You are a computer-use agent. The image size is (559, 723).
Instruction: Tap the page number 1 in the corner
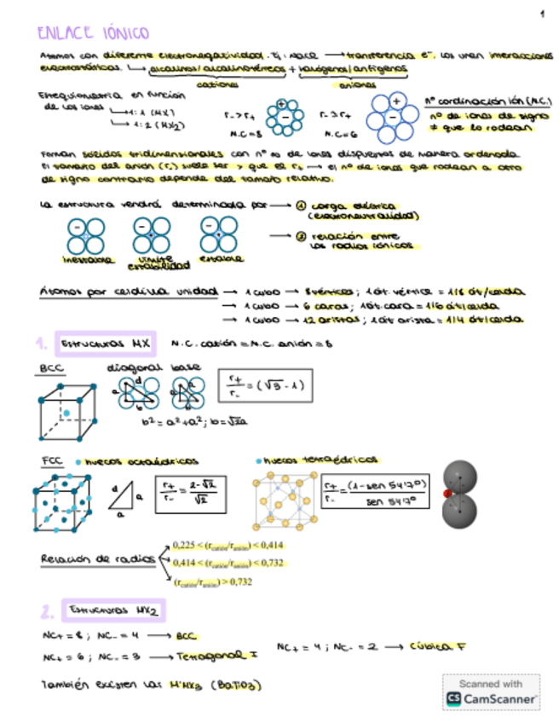541,14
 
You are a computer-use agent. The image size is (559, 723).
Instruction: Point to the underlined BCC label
51,367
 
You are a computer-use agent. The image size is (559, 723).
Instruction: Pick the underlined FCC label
52,460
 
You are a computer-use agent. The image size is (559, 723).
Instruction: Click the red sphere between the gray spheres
447,493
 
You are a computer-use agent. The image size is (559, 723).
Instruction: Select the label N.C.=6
338,134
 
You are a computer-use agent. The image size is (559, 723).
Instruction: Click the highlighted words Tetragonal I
210,656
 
